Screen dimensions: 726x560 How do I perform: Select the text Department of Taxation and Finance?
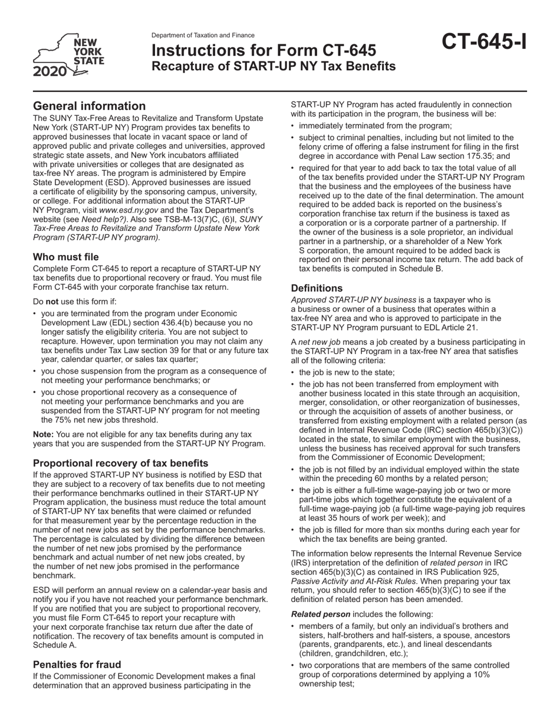[x=203, y=35]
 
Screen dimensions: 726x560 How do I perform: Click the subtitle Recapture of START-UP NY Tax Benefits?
[x=274, y=66]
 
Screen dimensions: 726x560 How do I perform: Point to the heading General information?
[x=89, y=106]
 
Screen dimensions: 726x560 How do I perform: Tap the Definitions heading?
[x=317, y=288]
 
